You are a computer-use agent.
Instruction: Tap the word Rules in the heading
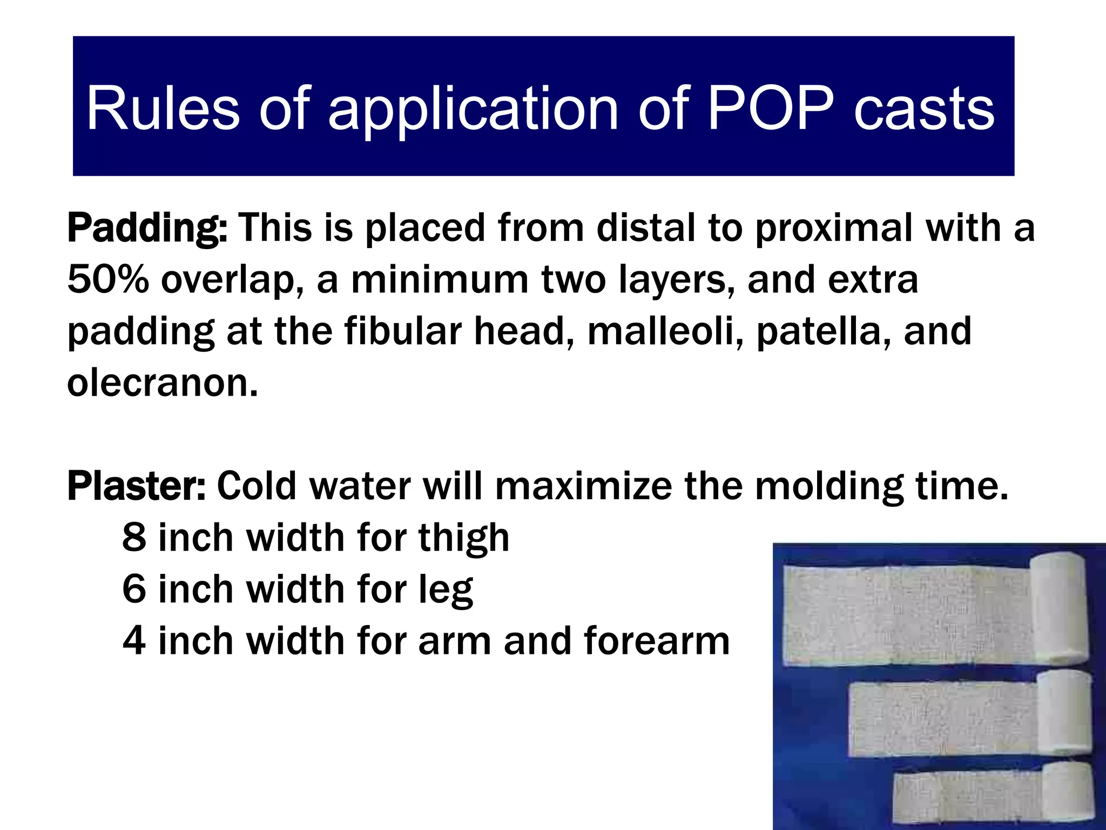tap(163, 109)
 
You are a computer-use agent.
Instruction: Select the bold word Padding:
tap(147, 229)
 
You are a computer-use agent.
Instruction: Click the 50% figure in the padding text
tap(107, 280)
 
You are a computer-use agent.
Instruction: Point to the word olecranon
tap(163, 383)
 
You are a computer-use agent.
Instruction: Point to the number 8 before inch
tap(134, 538)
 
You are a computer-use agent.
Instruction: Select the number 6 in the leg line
tap(134, 589)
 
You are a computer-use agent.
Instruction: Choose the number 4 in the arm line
tap(134, 641)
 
